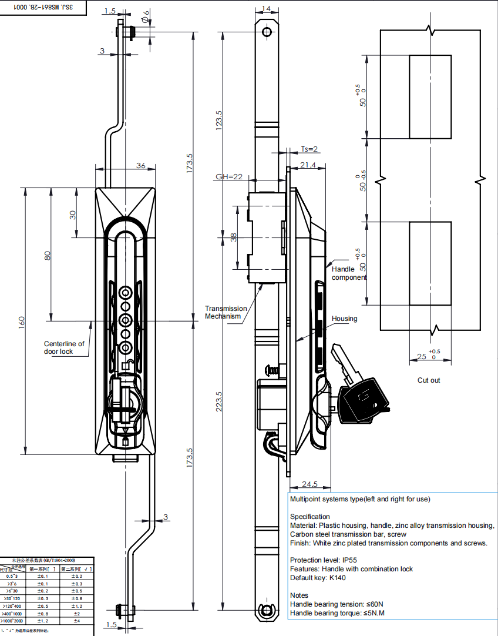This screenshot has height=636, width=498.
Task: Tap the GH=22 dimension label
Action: click(229, 176)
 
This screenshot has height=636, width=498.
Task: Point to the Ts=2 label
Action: click(309, 149)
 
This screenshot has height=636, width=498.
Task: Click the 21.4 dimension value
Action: click(308, 166)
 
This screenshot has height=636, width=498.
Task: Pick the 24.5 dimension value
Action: click(309, 484)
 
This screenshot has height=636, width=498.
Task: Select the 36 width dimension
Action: click(141, 166)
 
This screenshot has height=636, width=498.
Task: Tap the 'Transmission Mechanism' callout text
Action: click(226, 312)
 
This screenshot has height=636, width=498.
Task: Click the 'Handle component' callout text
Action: click(349, 273)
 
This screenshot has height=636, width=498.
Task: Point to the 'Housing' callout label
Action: click(344, 319)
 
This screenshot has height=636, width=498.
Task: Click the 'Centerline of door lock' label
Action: click(64, 347)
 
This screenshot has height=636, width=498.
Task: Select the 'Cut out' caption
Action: click(429, 380)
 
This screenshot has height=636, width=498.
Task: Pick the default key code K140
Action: click(338, 578)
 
